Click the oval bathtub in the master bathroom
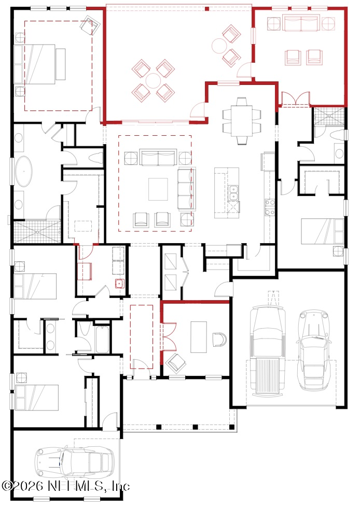click(24, 172)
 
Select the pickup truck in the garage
click(268, 350)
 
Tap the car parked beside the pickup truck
click(313, 350)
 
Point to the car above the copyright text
click(74, 461)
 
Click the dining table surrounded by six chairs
click(242, 120)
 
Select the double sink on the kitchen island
click(233, 193)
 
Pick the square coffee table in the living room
click(158, 189)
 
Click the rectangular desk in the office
click(199, 337)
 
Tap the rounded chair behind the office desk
click(219, 340)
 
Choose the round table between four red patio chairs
click(153, 80)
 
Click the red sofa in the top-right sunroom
click(300, 23)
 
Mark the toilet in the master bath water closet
click(96, 158)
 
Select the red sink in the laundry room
click(120, 284)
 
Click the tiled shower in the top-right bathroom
click(329, 116)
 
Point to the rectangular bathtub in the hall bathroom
click(102, 340)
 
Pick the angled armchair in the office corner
click(176, 363)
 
